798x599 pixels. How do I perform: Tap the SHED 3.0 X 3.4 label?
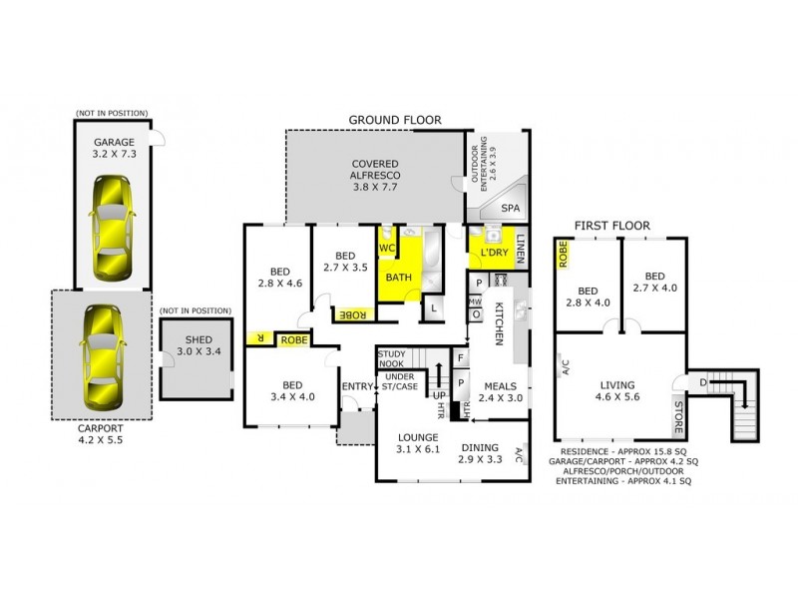pyautogui.click(x=196, y=344)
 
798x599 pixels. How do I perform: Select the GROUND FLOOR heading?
pyautogui.click(x=394, y=120)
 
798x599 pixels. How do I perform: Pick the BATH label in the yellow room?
pyautogui.click(x=399, y=277)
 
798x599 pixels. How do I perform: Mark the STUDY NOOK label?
pyautogui.click(x=390, y=357)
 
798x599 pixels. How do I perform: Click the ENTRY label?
pyautogui.click(x=355, y=387)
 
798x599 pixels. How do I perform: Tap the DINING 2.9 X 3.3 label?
pyautogui.click(x=481, y=454)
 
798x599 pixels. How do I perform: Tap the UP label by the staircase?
pyautogui.click(x=438, y=394)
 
